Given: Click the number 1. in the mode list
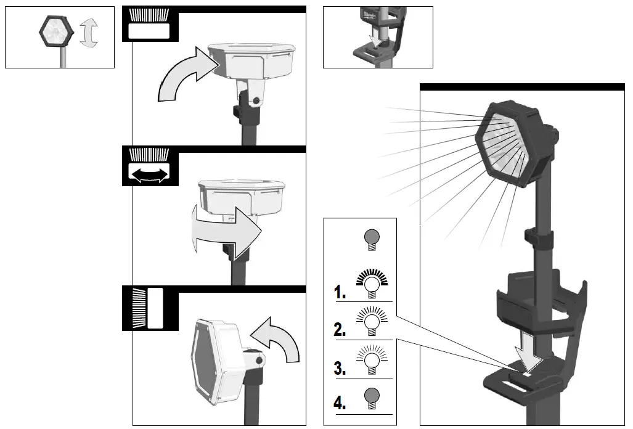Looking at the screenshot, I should tap(340, 292).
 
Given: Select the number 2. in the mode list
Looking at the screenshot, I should tap(340, 329).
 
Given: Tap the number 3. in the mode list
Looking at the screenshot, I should tap(340, 369).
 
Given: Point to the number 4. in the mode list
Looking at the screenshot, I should tap(340, 404).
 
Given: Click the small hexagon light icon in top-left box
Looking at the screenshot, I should tap(55, 30).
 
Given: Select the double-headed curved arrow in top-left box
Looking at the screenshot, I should tap(89, 32).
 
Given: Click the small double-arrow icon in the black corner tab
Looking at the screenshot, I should tap(148, 174).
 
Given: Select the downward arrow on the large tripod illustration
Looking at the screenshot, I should tap(528, 347).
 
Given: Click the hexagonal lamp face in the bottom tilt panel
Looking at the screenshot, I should tap(210, 361).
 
